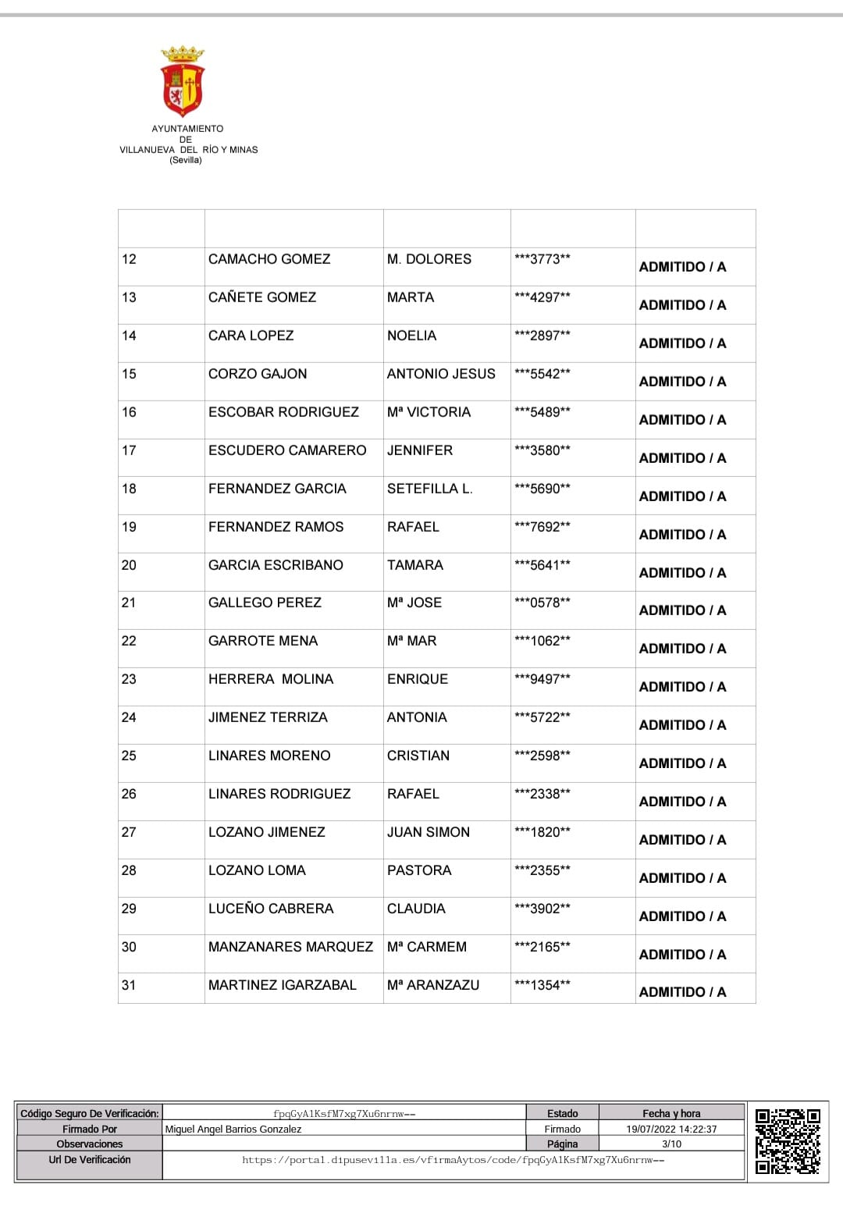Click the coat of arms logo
(x=182, y=81)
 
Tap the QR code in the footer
(x=788, y=1140)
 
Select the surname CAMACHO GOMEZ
(x=269, y=259)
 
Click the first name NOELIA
(x=411, y=336)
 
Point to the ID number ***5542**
(x=542, y=374)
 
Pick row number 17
(x=129, y=450)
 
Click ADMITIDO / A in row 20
(x=682, y=573)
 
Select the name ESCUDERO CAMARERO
(x=287, y=450)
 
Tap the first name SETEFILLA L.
(x=429, y=489)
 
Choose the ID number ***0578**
(x=542, y=603)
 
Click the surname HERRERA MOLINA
(x=271, y=679)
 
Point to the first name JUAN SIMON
(x=429, y=832)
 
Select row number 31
(x=129, y=985)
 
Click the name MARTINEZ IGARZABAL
(x=283, y=985)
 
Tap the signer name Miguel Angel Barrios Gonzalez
(x=233, y=1129)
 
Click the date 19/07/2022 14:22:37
(x=671, y=1129)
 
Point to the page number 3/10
(x=671, y=1144)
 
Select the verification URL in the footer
(x=453, y=1160)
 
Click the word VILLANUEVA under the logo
(x=147, y=150)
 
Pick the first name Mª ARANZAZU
(x=433, y=985)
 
